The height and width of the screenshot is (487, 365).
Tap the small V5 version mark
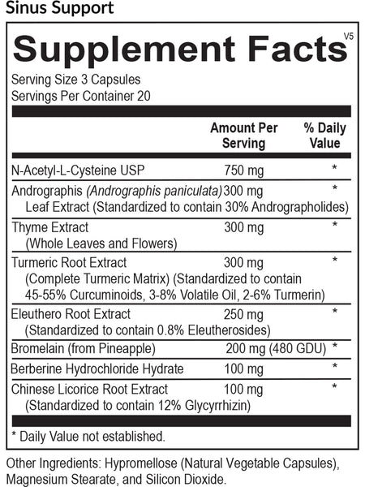tap(347, 37)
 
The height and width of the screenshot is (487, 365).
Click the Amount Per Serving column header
tap(243, 136)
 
